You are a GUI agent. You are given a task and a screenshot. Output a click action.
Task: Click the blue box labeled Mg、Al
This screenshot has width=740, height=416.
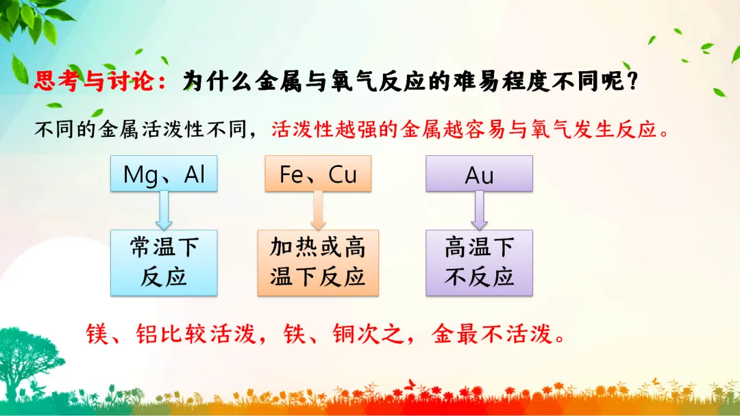click(x=164, y=173)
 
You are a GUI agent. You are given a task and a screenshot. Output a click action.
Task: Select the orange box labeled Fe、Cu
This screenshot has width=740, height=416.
click(x=318, y=173)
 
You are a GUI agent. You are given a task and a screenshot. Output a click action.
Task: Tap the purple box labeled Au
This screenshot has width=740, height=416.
click(x=479, y=173)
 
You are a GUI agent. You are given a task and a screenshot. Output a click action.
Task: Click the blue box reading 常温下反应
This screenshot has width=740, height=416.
click(x=164, y=263)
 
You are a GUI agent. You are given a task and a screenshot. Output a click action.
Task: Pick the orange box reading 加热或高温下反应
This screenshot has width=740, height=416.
click(x=318, y=263)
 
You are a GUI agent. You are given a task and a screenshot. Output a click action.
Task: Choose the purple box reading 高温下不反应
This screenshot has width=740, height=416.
click(x=479, y=263)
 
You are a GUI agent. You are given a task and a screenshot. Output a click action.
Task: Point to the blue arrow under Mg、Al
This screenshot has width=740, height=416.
click(x=164, y=210)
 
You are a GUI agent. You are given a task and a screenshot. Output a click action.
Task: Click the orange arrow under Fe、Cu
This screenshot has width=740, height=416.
click(x=318, y=210)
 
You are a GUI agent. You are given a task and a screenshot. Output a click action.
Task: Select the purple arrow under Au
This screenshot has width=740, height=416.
click(x=479, y=210)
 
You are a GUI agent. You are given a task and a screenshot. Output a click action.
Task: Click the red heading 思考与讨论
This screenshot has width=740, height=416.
click(x=94, y=81)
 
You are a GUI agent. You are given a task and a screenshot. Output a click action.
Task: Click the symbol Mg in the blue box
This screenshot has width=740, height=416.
click(x=140, y=175)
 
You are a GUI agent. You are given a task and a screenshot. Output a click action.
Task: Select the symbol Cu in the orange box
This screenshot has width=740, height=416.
click(x=343, y=174)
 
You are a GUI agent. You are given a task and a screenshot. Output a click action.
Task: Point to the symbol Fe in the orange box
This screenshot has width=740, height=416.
click(x=291, y=174)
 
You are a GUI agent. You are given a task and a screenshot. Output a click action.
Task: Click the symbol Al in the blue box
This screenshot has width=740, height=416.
click(x=195, y=174)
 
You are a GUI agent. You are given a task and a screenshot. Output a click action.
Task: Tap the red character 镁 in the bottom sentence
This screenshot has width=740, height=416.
click(x=97, y=334)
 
